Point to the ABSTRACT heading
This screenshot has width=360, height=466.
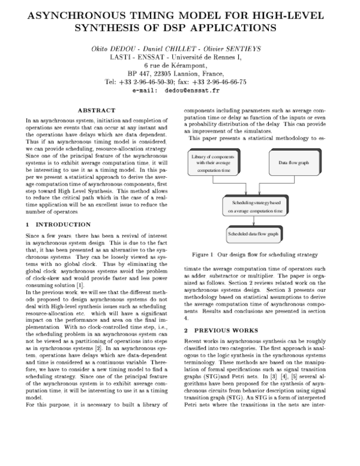tap(97, 110)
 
